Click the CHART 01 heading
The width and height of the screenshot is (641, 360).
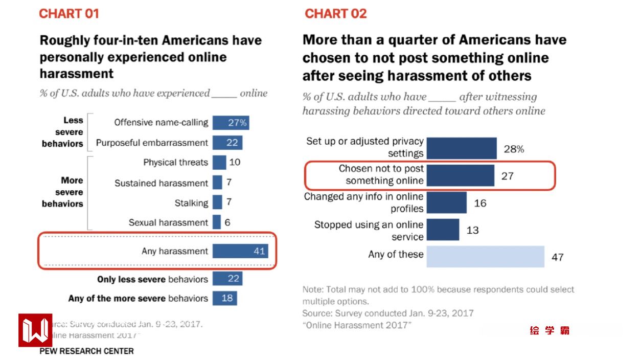point(69,14)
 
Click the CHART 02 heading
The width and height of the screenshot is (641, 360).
point(336,14)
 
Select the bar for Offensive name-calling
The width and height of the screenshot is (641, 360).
point(231,123)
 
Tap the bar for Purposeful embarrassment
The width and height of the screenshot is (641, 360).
point(227,143)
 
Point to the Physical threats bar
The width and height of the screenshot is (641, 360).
point(219,163)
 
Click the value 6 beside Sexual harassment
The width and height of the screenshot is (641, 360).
point(227,222)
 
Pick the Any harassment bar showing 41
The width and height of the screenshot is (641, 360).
point(240,251)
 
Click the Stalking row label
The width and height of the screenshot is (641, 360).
point(191,203)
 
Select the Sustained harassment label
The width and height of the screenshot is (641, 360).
point(161,183)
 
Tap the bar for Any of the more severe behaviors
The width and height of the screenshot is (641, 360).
point(224,298)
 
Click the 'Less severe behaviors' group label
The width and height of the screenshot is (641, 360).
point(62,132)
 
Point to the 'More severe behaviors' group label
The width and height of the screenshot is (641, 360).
point(62,192)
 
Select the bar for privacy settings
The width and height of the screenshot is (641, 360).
point(461,148)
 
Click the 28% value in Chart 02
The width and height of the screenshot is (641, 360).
point(514,149)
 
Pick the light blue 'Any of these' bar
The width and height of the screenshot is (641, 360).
point(485,256)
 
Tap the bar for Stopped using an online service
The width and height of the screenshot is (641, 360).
point(443,230)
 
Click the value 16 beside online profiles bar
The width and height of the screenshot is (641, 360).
point(480,203)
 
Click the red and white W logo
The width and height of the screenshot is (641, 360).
point(35,330)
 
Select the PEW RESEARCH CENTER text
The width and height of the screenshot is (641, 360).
point(86,351)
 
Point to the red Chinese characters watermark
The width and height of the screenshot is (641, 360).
point(550,330)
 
